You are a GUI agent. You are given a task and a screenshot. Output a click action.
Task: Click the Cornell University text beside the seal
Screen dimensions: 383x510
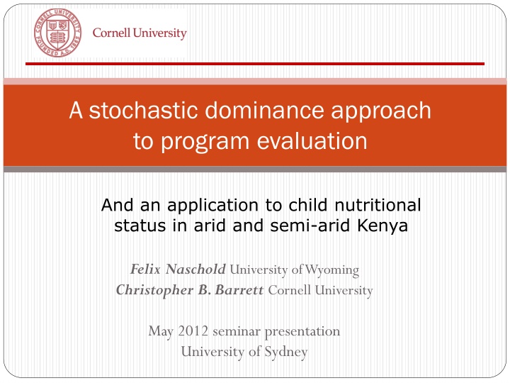coord(140,33)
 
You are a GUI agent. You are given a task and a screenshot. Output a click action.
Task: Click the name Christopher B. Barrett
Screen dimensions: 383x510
coord(190,290)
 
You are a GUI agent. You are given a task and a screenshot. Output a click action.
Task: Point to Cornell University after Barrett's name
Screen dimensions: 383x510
coord(320,290)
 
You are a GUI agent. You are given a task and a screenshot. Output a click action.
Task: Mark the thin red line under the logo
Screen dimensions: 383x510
coord(255,64)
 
